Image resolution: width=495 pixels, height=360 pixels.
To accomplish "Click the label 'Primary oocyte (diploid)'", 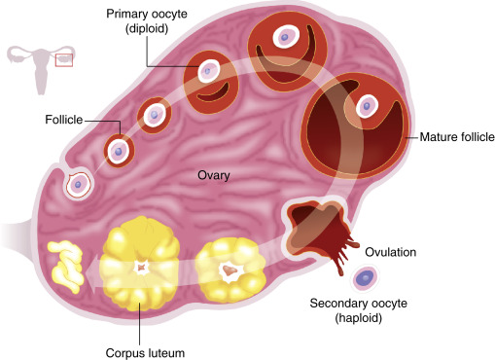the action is click(x=147, y=21).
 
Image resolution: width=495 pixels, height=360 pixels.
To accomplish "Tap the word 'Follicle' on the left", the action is click(x=64, y=120).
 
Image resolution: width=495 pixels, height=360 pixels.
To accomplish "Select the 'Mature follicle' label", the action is click(x=457, y=137).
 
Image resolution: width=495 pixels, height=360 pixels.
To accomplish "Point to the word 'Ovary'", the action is click(x=214, y=175).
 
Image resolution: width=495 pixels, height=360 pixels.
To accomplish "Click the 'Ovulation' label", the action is click(x=391, y=252).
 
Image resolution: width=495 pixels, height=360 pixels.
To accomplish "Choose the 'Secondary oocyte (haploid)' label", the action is click(x=359, y=310).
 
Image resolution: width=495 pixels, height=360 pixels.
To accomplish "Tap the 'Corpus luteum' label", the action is click(x=145, y=353).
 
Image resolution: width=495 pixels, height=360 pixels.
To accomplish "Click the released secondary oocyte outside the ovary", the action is click(x=366, y=277).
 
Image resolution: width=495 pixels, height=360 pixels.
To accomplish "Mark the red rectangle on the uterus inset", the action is click(x=64, y=60).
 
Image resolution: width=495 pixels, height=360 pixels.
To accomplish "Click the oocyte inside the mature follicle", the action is click(x=367, y=106).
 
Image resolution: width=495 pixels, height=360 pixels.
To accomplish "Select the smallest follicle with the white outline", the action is click(x=78, y=185).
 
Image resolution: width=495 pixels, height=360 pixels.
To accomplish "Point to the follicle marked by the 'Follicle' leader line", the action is click(x=119, y=151).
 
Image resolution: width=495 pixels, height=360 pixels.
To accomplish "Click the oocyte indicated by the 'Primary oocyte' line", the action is click(x=208, y=71).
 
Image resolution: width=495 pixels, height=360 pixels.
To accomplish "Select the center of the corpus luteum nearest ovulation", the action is click(x=230, y=270).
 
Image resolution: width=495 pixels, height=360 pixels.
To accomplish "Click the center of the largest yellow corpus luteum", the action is click(x=141, y=268).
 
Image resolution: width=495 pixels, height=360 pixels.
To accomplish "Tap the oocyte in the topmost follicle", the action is click(x=285, y=37).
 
